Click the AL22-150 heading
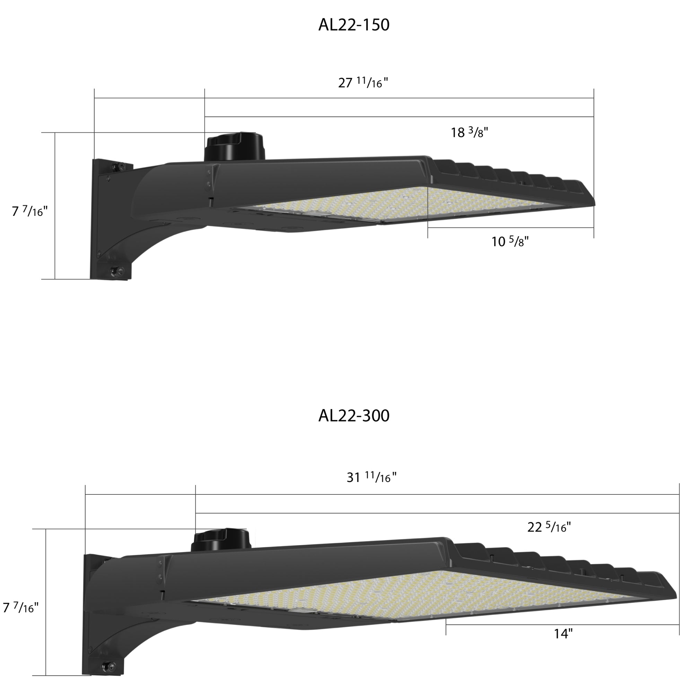click(354, 25)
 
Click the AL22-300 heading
click(354, 416)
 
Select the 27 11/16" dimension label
click(363, 82)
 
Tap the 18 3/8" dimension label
click(469, 132)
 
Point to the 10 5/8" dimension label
click(510, 241)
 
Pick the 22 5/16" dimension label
click(549, 527)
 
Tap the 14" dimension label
click(563, 633)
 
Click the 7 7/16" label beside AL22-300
click(21, 607)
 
